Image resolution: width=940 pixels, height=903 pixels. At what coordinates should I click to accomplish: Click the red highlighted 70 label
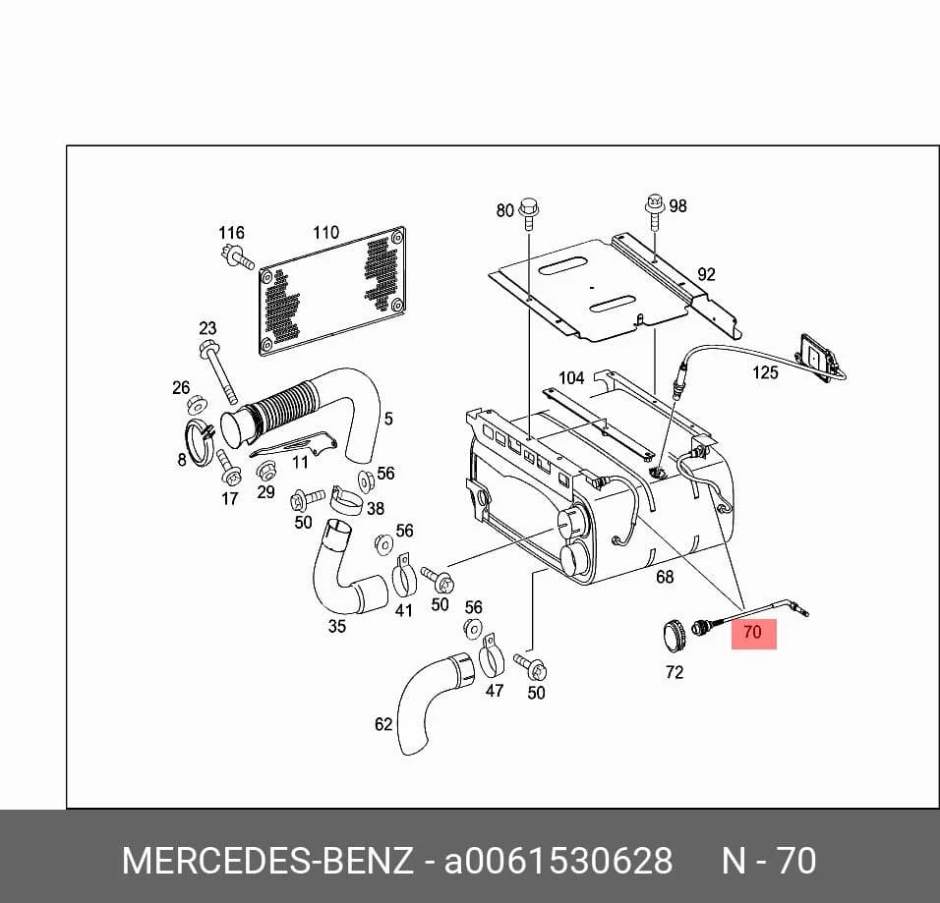[753, 633]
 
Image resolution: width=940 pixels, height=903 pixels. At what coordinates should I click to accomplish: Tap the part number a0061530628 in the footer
[558, 861]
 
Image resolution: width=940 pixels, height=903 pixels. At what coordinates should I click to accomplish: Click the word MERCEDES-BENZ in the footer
[267, 861]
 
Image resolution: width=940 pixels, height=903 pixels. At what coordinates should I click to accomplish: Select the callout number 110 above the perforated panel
[326, 233]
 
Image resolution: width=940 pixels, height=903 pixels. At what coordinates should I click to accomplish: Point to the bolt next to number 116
[237, 257]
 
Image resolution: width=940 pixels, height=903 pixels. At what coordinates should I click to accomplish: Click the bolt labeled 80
[529, 212]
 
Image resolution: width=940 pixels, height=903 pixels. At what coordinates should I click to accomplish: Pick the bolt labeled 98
[654, 211]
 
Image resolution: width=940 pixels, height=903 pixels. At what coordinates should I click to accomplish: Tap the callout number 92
[706, 274]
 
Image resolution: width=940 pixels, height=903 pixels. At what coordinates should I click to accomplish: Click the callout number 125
[765, 372]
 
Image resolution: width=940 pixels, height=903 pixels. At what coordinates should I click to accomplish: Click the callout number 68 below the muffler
[665, 577]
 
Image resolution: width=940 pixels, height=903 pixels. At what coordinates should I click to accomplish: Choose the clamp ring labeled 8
[199, 442]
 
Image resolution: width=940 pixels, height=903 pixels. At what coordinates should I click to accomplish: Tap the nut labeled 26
[196, 405]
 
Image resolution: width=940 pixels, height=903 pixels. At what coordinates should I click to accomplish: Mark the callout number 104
[571, 378]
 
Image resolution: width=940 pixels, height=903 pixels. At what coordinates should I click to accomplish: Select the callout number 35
[337, 626]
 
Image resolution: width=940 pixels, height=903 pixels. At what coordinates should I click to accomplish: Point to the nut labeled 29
[265, 471]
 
